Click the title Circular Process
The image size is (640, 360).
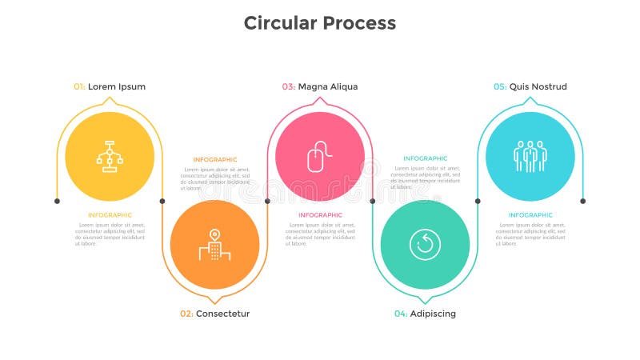pyautogui.click(x=320, y=22)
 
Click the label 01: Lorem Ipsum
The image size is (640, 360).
pyautogui.click(x=110, y=86)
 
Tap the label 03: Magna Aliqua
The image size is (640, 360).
pyautogui.click(x=320, y=86)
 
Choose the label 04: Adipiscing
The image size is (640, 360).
pyautogui.click(x=425, y=314)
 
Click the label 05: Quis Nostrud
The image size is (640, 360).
pyautogui.click(x=530, y=86)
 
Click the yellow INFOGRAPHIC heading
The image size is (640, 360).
pyautogui.click(x=110, y=214)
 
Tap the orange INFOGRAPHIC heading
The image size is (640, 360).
pyautogui.click(x=215, y=159)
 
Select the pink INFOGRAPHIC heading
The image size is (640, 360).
pyautogui.click(x=320, y=214)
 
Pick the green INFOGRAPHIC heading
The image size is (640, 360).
pyautogui.click(x=426, y=158)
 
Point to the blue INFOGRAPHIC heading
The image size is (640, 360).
pyautogui.click(x=530, y=214)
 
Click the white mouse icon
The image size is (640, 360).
pyautogui.click(x=317, y=156)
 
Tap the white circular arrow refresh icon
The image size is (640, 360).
pyautogui.click(x=425, y=244)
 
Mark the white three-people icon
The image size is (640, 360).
pyautogui.click(x=530, y=155)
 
